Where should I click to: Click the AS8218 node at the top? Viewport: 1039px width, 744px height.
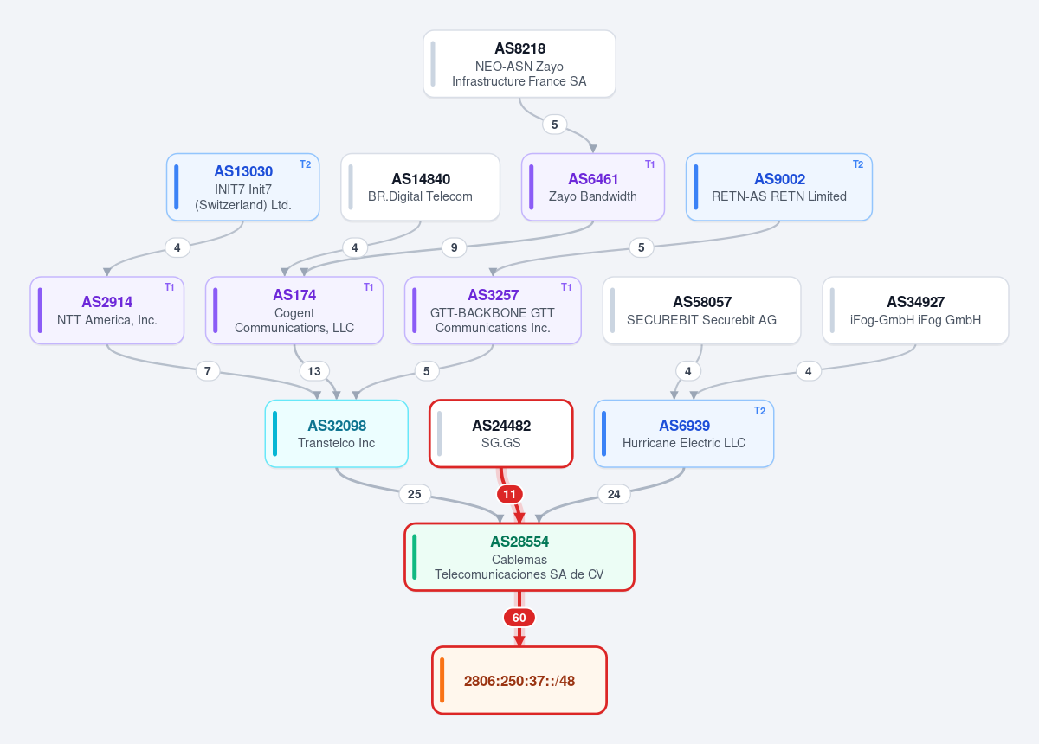[x=519, y=64]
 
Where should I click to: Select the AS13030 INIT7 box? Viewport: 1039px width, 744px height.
[x=243, y=187]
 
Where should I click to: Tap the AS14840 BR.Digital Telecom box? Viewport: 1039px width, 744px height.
[x=420, y=187]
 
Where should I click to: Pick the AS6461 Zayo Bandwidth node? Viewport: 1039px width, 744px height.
[x=593, y=187]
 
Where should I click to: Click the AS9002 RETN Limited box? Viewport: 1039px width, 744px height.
[x=779, y=187]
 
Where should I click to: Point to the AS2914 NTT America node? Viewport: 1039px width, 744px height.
[x=107, y=311]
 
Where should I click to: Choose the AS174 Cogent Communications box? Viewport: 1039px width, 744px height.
[x=294, y=311]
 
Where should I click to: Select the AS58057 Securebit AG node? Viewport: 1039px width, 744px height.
[x=702, y=311]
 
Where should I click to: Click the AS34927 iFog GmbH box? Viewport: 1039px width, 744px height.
[x=916, y=311]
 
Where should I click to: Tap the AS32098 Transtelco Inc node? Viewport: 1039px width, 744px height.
[x=337, y=434]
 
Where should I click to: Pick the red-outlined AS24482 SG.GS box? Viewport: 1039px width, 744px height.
[x=501, y=434]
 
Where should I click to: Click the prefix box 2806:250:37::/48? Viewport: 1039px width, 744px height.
[x=519, y=680]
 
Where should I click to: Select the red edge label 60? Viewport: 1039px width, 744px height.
[x=519, y=618]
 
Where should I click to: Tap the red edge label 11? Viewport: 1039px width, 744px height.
[x=509, y=494]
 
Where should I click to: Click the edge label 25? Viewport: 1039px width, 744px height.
[x=414, y=494]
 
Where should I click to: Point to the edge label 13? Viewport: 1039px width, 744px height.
[x=314, y=371]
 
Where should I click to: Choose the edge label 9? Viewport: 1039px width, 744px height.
[x=454, y=247]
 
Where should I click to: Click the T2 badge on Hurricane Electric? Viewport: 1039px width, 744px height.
[x=760, y=411]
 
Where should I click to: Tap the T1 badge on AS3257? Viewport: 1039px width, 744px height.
[x=566, y=287]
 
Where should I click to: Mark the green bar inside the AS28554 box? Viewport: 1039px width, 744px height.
[x=414, y=557]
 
